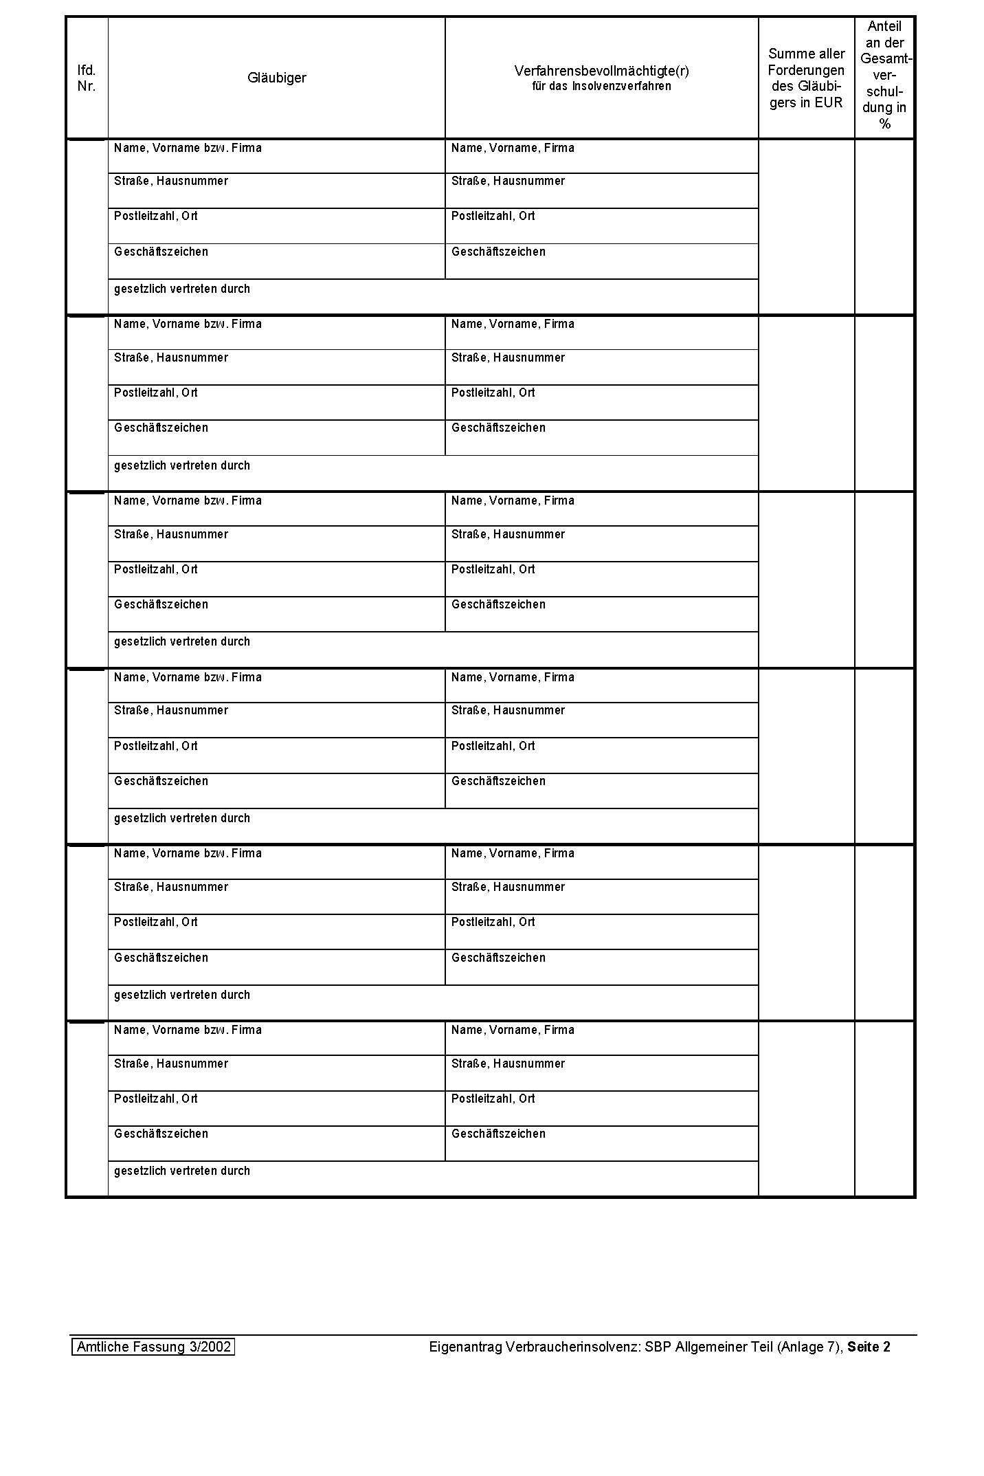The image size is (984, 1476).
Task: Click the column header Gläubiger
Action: pyautogui.click(x=276, y=78)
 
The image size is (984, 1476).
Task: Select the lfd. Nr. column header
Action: pyautogui.click(x=87, y=78)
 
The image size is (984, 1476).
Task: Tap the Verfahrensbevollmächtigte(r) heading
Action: pyautogui.click(x=601, y=71)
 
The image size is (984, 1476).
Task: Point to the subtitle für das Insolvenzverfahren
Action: pyautogui.click(x=601, y=87)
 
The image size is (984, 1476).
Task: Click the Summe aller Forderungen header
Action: pyautogui.click(x=806, y=78)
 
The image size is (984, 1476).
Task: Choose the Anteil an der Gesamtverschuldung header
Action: pyautogui.click(x=884, y=75)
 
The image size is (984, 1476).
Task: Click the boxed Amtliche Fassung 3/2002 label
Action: pyautogui.click(x=153, y=1347)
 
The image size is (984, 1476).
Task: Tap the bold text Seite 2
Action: pyautogui.click(x=869, y=1347)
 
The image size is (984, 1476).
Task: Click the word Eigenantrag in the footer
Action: pyautogui.click(x=465, y=1347)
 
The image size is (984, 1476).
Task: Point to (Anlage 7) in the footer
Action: pyautogui.click(x=809, y=1347)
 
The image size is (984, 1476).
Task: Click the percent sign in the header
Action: pyautogui.click(x=884, y=124)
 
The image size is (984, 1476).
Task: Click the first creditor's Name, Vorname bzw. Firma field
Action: pyautogui.click(x=276, y=157)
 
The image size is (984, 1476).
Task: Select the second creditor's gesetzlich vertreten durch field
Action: pyautogui.click(x=433, y=473)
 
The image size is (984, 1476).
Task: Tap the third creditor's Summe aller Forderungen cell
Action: pyautogui.click(x=806, y=580)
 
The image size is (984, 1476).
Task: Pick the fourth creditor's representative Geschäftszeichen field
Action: pyautogui.click(x=601, y=791)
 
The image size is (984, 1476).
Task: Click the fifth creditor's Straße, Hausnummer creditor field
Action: pyautogui.click(x=276, y=896)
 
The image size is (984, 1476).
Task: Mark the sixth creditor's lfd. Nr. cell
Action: pyautogui.click(x=87, y=1109)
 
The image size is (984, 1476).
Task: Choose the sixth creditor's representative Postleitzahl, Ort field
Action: pyautogui.click(x=601, y=1108)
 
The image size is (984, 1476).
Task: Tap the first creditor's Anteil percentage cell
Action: pyautogui.click(x=884, y=227)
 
